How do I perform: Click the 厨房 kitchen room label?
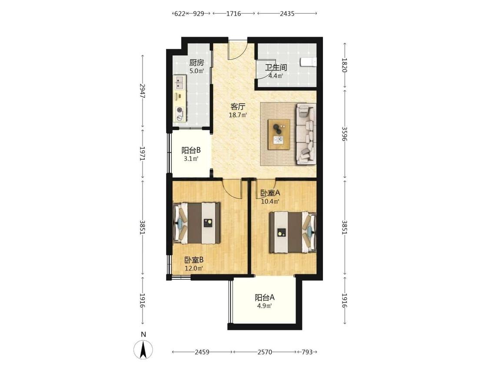(196, 63)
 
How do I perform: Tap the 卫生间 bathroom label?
(276, 67)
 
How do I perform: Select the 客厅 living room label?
(238, 107)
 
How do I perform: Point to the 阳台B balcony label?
(191, 150)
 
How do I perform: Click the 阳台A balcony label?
(264, 297)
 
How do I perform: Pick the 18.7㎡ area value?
(238, 115)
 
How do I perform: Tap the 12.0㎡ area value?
(194, 268)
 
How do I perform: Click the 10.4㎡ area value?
(270, 201)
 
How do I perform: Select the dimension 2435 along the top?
(287, 13)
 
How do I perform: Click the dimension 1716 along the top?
(233, 13)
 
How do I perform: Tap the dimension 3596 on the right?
(344, 133)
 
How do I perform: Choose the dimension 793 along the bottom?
(307, 352)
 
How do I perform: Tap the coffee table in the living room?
(279, 134)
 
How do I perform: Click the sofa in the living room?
(306, 134)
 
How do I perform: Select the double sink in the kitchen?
(180, 82)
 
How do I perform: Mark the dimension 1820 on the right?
(344, 65)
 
